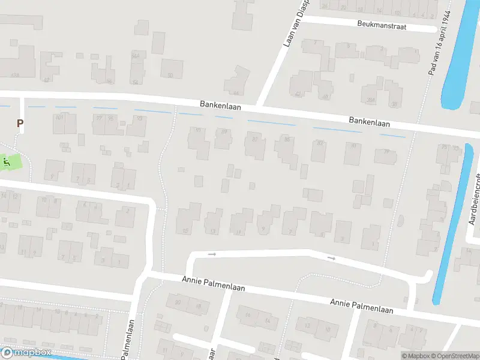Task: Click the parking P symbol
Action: tap(20, 124)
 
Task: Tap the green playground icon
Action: tap(7, 162)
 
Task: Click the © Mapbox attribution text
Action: tap(416, 356)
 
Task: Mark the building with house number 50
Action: tap(171, 75)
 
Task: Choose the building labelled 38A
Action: tap(372, 100)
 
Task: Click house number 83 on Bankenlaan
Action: tap(320, 143)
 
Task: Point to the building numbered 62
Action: tap(46, 79)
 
